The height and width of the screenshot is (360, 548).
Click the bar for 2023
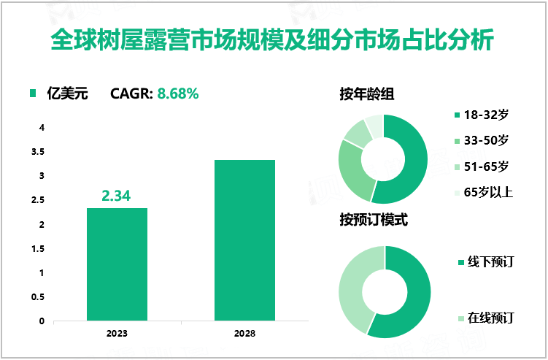point(117,264)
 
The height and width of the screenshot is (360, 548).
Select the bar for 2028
point(244,240)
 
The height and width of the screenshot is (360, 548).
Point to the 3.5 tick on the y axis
point(42,152)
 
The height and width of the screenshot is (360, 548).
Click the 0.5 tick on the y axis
point(42,297)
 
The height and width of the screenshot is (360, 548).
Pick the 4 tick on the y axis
point(42,128)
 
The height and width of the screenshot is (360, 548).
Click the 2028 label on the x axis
point(244,333)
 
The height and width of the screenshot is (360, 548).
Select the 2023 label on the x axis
point(117,333)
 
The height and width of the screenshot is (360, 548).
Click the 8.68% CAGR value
point(179,93)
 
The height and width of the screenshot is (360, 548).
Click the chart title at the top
point(273,40)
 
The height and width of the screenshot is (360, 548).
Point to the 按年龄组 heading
point(368,93)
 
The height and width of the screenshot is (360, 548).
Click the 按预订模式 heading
point(373,220)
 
